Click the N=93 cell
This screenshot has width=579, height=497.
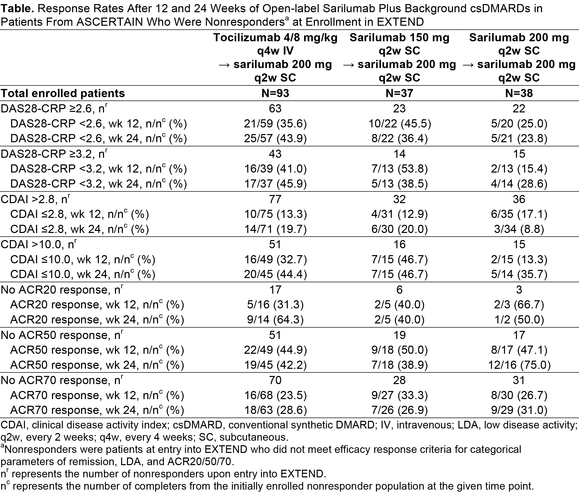coord(275,93)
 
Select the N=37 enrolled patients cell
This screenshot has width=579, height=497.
coord(399,93)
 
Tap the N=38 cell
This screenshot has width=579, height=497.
coord(519,93)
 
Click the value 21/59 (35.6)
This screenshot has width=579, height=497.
coord(275,123)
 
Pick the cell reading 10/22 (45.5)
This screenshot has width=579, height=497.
coord(399,123)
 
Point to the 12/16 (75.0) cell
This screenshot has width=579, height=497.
coord(519,365)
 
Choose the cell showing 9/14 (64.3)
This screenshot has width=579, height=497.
coord(275,320)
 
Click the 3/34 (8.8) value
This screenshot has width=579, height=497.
coord(519,229)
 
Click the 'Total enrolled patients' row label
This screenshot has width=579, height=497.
coord(63,93)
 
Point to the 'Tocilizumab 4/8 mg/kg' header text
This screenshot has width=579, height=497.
coord(275,37)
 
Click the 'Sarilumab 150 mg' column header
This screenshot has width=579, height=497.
coord(399,37)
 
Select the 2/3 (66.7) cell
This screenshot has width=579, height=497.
coord(519,305)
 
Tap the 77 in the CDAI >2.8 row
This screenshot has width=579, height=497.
coord(275,199)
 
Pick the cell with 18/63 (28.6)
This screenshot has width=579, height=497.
coord(275,410)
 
